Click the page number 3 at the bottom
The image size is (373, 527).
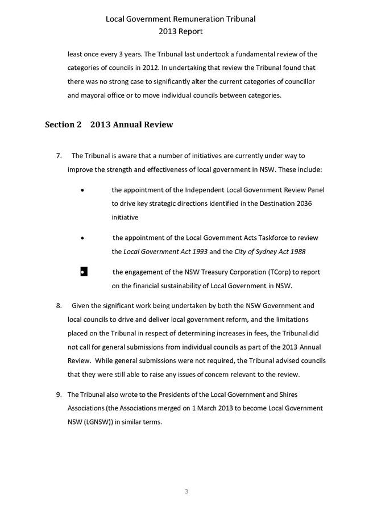click(x=186, y=491)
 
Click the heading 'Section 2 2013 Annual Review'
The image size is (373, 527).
click(x=109, y=125)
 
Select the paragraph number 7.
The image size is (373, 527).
click(x=59, y=156)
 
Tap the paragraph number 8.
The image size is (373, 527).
click(x=59, y=306)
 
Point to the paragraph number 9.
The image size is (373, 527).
click(x=59, y=395)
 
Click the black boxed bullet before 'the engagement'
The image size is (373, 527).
click(x=84, y=272)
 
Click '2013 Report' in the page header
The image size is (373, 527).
click(x=181, y=32)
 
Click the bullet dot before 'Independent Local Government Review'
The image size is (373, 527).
click(x=84, y=190)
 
